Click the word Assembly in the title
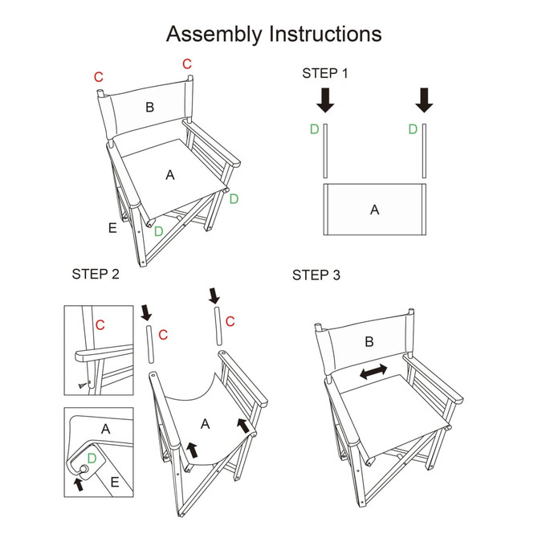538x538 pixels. coord(214,35)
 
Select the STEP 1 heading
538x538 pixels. coord(325,73)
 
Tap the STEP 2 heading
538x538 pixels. coord(96,275)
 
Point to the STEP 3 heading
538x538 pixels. coord(316,275)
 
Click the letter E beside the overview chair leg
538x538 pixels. coord(112,228)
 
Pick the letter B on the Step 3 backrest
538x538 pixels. coord(369,341)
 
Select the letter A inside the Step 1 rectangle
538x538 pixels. coord(373,210)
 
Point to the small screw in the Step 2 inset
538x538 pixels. coord(83,386)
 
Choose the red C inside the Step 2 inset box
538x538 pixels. coord(100,324)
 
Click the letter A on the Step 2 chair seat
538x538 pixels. coord(205,423)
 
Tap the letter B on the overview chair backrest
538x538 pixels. coord(149,107)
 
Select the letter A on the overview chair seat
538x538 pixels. coord(169,174)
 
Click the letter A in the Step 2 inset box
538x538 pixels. coord(106,430)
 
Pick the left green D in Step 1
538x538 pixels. coord(314,129)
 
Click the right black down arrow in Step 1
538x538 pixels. coord(425,100)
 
